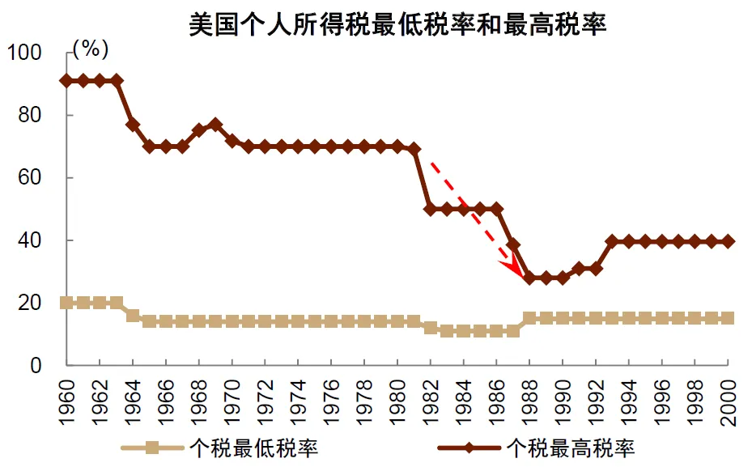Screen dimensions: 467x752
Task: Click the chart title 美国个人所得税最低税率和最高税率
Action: pos(397,23)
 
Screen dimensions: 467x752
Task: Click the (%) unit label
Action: pos(91,49)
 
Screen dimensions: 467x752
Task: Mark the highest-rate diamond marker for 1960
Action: pos(66,80)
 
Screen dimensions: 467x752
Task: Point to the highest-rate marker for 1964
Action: pos(133,125)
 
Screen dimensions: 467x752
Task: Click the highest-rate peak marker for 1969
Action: pos(215,125)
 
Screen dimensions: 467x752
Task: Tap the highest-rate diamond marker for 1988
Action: pos(529,278)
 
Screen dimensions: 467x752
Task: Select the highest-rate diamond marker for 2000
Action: pos(728,241)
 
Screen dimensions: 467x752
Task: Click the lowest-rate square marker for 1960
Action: pos(66,303)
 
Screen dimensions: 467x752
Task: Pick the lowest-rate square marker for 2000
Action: pos(728,318)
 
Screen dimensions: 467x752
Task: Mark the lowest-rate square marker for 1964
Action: pos(133,316)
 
